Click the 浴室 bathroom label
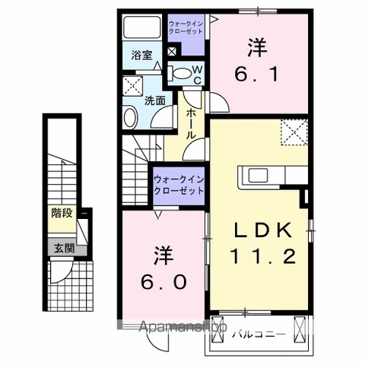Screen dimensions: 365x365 (x=141, y=56)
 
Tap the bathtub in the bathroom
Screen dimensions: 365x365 (x=142, y=27)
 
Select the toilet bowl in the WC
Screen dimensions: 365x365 (x=181, y=73)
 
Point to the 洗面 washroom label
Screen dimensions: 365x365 (x=155, y=101)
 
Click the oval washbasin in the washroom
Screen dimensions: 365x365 (x=131, y=118)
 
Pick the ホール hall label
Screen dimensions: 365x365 (x=191, y=124)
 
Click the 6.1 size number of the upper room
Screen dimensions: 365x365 (x=256, y=74)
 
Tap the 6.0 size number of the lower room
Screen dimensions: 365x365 (x=164, y=282)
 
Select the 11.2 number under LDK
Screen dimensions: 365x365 (x=262, y=256)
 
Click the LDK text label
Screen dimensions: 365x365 (x=263, y=230)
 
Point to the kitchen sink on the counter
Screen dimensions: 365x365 (x=258, y=176)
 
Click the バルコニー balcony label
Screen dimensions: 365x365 (x=259, y=335)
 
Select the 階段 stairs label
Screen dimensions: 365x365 (x=62, y=213)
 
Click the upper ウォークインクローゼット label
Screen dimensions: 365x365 (x=186, y=27)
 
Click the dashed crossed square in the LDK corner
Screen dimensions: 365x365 (x=294, y=132)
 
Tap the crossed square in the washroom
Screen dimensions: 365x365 (x=132, y=86)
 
